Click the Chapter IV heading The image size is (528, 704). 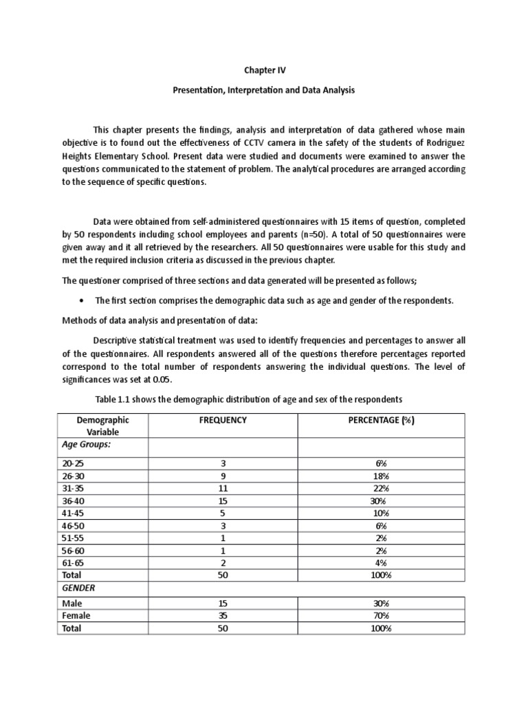coord(264,69)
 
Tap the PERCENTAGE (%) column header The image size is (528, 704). coord(381,420)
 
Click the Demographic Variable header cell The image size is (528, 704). coord(102,426)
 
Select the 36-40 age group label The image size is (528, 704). coord(72,500)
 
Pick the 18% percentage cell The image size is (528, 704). coord(380,476)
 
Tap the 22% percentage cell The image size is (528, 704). coord(380,488)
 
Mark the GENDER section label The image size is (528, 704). coord(78,588)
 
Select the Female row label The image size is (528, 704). coord(76,616)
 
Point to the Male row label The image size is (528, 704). coord(71,604)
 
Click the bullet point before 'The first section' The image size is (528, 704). coord(82,300)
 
